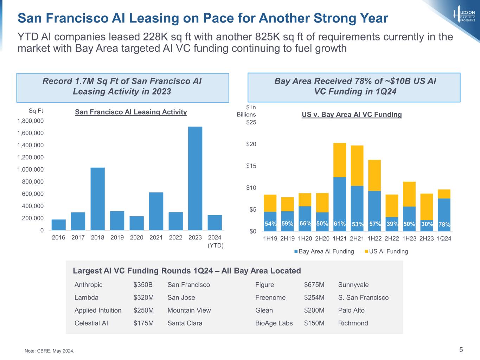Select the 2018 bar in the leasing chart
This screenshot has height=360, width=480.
(97, 199)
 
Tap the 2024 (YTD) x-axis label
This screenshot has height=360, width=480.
(215, 241)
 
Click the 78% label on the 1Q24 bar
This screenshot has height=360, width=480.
(444, 224)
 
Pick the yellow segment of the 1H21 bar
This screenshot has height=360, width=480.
(339, 160)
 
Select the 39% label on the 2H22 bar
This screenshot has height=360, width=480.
(392, 224)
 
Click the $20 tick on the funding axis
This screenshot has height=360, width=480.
(251, 144)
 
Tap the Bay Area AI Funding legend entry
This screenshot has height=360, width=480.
(324, 251)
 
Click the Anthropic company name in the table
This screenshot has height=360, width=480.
(89, 285)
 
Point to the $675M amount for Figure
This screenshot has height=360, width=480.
(314, 285)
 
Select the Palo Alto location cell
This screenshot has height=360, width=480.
(351, 310)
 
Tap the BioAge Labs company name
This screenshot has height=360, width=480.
(274, 323)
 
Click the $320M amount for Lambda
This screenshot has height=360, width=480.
(143, 297)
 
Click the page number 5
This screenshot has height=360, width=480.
(461, 349)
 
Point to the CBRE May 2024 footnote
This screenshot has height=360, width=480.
(49, 351)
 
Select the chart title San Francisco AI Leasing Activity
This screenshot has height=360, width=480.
(131, 112)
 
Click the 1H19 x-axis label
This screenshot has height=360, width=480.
(270, 238)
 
